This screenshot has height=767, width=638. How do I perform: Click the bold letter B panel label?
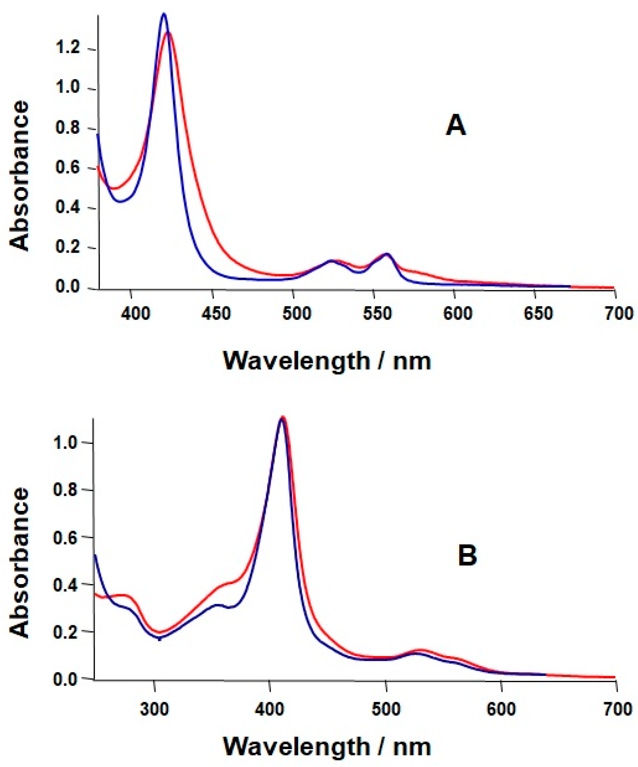[x=467, y=556]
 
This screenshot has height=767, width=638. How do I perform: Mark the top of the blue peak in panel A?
[x=164, y=14]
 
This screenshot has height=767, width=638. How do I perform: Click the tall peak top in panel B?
[x=282, y=417]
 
